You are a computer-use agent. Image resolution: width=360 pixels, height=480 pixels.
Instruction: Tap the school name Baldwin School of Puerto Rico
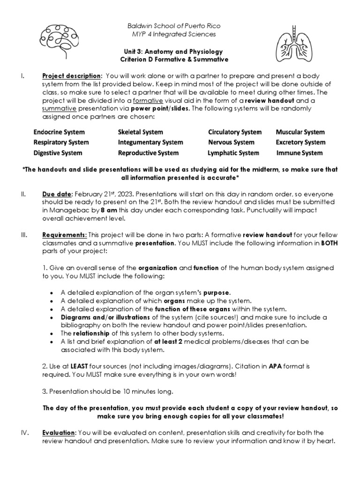175,25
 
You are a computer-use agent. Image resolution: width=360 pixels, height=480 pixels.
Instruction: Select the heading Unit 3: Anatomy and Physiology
175,51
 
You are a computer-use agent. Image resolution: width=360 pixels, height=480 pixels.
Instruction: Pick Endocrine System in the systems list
58,132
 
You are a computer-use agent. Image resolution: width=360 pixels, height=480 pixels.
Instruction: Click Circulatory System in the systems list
235,132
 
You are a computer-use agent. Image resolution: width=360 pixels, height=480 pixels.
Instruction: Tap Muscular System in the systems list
300,132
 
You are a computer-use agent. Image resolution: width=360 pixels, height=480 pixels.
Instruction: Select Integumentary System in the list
150,142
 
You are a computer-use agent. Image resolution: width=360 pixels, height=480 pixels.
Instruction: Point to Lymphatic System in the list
233,153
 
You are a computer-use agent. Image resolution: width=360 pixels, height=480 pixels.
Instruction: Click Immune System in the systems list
299,153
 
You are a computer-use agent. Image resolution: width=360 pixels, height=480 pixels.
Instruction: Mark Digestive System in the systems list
58,153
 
